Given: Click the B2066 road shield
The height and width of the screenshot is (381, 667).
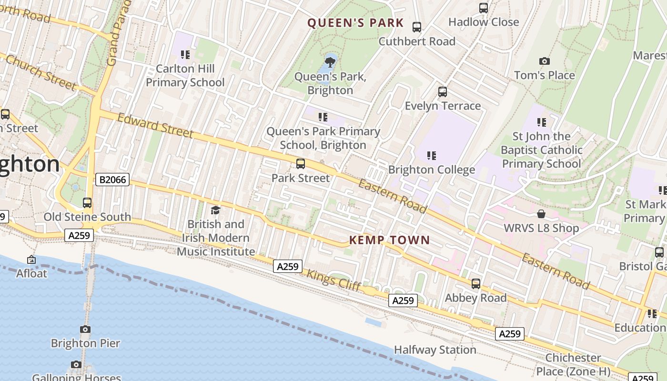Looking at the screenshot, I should [x=112, y=180].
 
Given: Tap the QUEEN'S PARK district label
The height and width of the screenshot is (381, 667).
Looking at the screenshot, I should [x=355, y=23].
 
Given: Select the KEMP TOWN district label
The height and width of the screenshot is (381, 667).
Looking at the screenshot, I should [x=389, y=240].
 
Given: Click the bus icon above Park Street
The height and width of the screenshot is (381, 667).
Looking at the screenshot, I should [x=301, y=164].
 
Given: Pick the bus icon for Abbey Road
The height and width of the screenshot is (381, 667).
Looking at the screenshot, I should [x=475, y=284].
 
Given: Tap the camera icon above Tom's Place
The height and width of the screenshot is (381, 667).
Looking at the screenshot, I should [x=545, y=61].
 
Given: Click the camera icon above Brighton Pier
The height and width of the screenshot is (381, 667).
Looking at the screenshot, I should [x=85, y=329].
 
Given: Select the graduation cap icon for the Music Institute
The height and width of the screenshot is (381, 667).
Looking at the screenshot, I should [x=215, y=210].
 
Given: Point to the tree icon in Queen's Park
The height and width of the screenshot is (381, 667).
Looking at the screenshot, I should [x=329, y=62].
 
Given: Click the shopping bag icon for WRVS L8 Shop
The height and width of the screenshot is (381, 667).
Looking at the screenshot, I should [x=541, y=214].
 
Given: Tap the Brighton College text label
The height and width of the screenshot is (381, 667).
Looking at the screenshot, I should [x=432, y=170].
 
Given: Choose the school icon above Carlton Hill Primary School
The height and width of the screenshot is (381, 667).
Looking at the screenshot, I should [x=185, y=55].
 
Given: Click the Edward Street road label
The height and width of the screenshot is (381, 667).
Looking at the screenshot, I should [x=155, y=125].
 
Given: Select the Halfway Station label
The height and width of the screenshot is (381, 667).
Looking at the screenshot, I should [x=435, y=350].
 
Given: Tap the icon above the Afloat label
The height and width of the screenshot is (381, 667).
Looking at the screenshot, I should [x=31, y=260].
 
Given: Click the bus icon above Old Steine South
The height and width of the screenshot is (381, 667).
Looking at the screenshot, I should [x=87, y=203].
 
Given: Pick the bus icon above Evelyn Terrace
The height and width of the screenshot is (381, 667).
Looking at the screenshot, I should [x=443, y=91].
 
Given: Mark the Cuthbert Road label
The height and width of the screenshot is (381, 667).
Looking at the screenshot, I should [x=417, y=41].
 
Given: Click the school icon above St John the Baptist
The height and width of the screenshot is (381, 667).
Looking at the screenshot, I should [x=541, y=122].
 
